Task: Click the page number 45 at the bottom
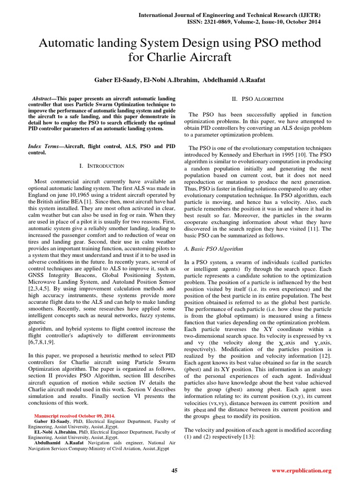tap(174, 470)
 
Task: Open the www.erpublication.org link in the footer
tap(302, 470)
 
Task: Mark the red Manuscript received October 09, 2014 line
tap(75, 415)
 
